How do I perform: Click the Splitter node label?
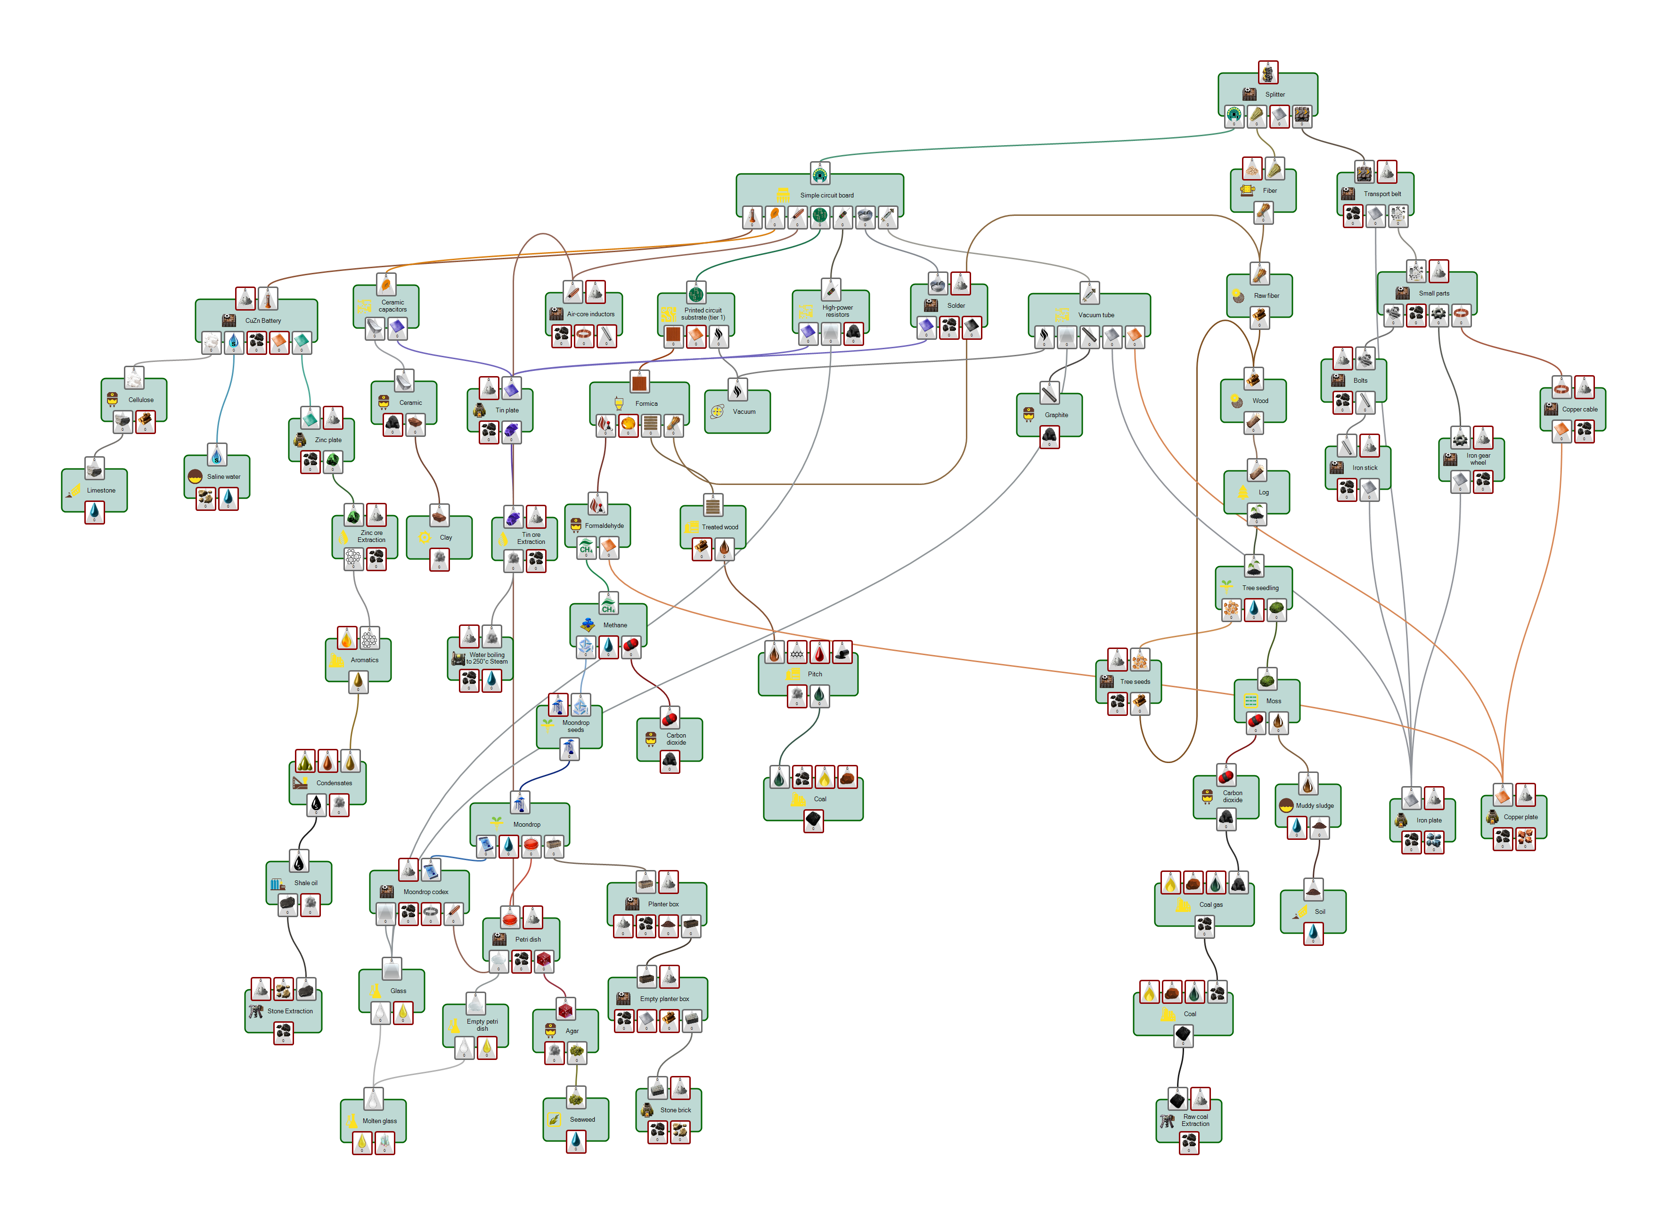[1275, 95]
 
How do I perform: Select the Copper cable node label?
[1579, 410]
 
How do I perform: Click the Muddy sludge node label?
[1314, 806]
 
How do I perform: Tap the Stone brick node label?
[675, 1110]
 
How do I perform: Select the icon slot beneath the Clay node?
[439, 559]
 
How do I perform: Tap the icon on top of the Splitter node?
[1268, 73]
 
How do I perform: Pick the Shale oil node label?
[306, 883]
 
